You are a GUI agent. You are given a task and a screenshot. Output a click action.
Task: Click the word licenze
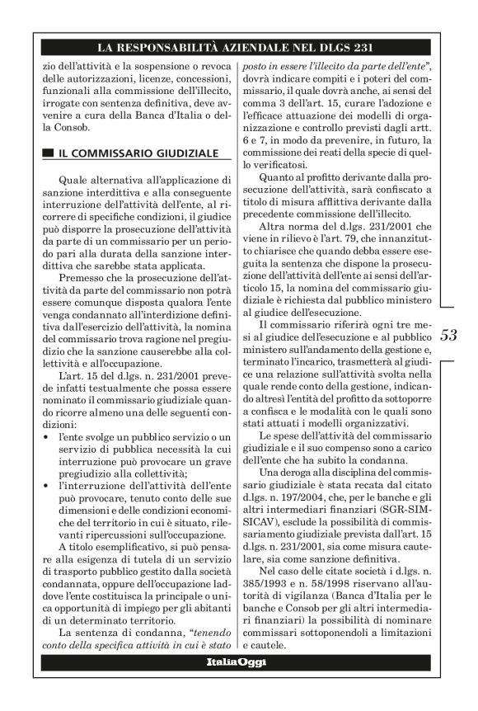pos(163,81)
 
